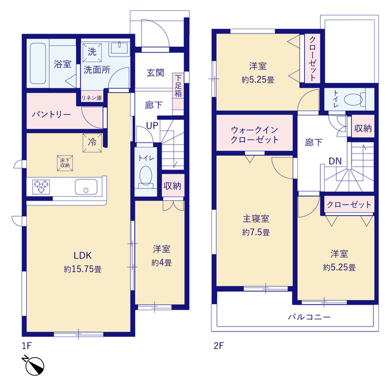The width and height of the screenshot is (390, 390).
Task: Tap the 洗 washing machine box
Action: pyautogui.click(x=91, y=52)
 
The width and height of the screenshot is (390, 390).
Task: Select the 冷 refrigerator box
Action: pyautogui.click(x=92, y=141)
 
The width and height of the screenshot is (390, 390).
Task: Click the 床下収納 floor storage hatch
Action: pyautogui.click(x=64, y=162)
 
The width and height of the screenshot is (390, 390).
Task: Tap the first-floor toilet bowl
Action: pyautogui.click(x=146, y=177)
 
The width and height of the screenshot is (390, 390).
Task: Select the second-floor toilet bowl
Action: pyautogui.click(x=354, y=99)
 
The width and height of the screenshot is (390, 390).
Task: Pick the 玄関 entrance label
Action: pyautogui.click(x=155, y=73)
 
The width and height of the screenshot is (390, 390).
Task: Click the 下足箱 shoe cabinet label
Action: pyautogui.click(x=178, y=86)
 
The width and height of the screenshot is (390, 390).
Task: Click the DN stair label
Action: pyautogui.click(x=335, y=161)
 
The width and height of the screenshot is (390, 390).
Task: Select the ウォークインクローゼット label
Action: pyautogui.click(x=254, y=135)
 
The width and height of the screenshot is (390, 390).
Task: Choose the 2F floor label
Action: pyautogui.click(x=219, y=346)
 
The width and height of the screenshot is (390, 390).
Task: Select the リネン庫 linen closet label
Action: pyautogui.click(x=91, y=97)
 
